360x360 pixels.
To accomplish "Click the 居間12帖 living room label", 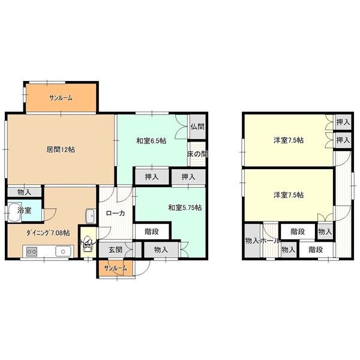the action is click(x=61, y=149).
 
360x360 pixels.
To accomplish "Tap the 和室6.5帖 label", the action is click(x=151, y=141).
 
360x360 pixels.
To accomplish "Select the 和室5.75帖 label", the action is click(x=185, y=208).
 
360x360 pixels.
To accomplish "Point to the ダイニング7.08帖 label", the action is click(x=48, y=233).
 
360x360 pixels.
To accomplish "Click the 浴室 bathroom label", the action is click(x=25, y=211).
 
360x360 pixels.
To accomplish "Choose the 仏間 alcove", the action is click(x=197, y=127).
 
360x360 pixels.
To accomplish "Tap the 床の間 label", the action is click(x=197, y=154).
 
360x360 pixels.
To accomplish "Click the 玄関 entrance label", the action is click(x=115, y=250).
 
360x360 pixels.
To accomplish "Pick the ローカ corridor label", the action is click(x=115, y=213).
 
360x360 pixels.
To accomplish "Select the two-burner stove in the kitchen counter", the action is click(x=32, y=251).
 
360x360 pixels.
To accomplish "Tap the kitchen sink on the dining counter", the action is click(x=63, y=251).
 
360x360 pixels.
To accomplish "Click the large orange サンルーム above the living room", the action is click(x=61, y=98).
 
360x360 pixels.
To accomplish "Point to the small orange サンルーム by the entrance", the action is click(x=115, y=268).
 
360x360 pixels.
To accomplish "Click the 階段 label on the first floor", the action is click(x=152, y=232).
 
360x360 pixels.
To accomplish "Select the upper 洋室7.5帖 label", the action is click(x=289, y=140).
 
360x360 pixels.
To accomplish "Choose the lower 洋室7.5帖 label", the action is click(x=289, y=195).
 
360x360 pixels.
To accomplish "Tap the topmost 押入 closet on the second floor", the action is click(x=343, y=122).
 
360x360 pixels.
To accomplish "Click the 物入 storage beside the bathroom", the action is click(x=25, y=192).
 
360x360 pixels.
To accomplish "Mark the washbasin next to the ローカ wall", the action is click(x=91, y=216).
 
